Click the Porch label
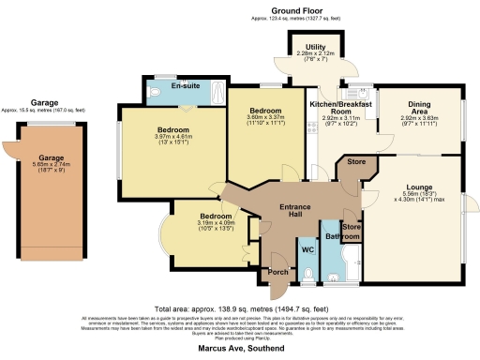(x=278, y=272)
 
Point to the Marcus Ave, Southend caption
(x=240, y=347)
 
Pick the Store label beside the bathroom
(x=352, y=226)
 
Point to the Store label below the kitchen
(x=355, y=160)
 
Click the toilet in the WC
(x=310, y=276)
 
